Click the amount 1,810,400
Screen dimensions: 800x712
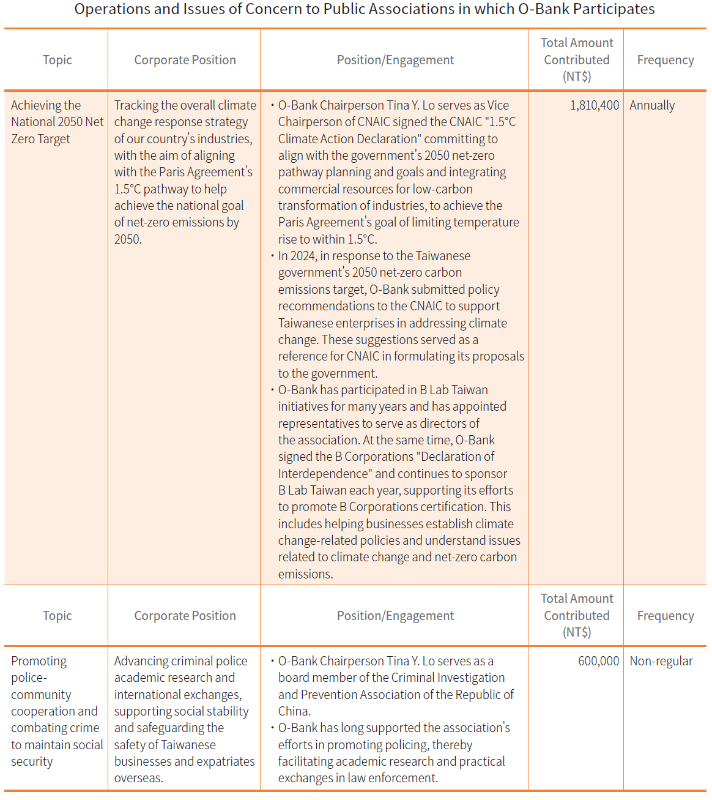(x=594, y=105)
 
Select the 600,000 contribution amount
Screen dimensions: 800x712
(x=598, y=661)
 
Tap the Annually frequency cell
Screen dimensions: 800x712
(x=652, y=105)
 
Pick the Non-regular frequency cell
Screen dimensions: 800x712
(x=661, y=661)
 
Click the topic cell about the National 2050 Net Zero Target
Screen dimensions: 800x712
(x=57, y=122)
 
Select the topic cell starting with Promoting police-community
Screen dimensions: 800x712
(x=57, y=711)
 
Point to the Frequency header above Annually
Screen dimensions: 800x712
(x=665, y=60)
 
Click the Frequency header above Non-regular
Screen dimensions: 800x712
(x=665, y=616)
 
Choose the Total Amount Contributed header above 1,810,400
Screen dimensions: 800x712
(x=576, y=60)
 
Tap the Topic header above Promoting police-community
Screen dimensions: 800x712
(x=57, y=616)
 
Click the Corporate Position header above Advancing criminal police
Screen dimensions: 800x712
(x=185, y=616)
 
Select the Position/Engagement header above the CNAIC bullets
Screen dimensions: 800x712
(x=395, y=60)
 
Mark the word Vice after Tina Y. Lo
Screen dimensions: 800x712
(x=498, y=105)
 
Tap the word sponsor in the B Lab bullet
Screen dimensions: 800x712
(x=486, y=474)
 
